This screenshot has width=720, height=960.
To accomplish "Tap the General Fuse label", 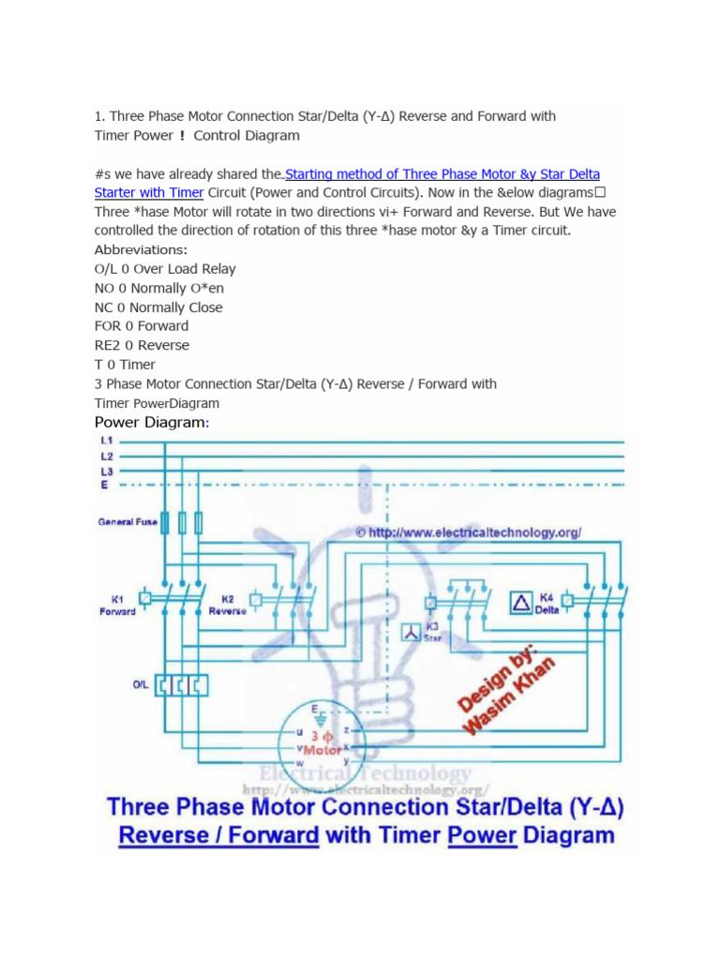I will [x=128, y=522].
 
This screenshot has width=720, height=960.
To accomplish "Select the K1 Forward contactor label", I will [x=117, y=605].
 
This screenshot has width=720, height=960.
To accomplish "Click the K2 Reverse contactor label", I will [x=228, y=605].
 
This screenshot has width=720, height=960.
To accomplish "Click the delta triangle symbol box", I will [x=520, y=602].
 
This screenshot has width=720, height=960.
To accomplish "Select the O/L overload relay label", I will [x=141, y=684].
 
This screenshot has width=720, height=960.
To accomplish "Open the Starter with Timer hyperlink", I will [x=149, y=193].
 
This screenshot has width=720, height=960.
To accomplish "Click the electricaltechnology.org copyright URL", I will [x=469, y=532].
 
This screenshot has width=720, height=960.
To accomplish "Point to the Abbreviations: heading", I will [x=141, y=250].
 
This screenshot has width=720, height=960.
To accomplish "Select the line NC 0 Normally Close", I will [x=158, y=307].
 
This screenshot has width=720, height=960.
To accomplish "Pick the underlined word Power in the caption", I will [x=482, y=835].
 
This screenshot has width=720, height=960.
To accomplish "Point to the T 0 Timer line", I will [x=125, y=365].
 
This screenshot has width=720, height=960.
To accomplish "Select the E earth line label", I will [x=104, y=485].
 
